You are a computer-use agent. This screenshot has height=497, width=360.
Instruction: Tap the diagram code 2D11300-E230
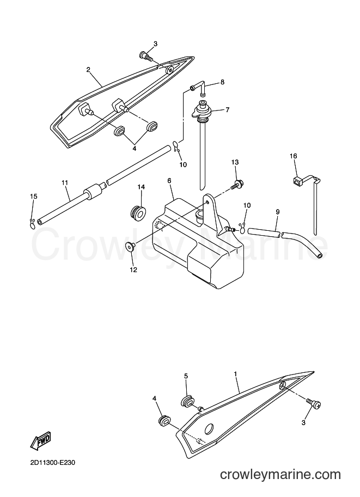53,463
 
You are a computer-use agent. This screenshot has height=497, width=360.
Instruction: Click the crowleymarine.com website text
280,475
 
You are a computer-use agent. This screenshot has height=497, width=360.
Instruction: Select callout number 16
294,156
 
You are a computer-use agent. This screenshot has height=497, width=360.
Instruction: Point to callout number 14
141,187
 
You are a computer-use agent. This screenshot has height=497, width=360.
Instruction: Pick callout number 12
133,270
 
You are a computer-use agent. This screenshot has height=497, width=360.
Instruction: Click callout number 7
228,110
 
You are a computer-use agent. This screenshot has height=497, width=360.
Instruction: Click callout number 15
33,197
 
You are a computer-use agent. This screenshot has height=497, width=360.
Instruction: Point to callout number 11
65,182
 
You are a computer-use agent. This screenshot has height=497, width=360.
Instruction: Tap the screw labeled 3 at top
146,57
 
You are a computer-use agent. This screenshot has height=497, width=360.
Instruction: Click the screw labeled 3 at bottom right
313,403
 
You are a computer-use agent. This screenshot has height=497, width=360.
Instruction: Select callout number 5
186,376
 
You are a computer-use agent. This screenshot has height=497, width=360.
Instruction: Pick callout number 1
235,374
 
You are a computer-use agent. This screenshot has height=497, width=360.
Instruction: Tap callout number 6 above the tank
169,180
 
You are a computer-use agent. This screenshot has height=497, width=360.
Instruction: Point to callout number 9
278,212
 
